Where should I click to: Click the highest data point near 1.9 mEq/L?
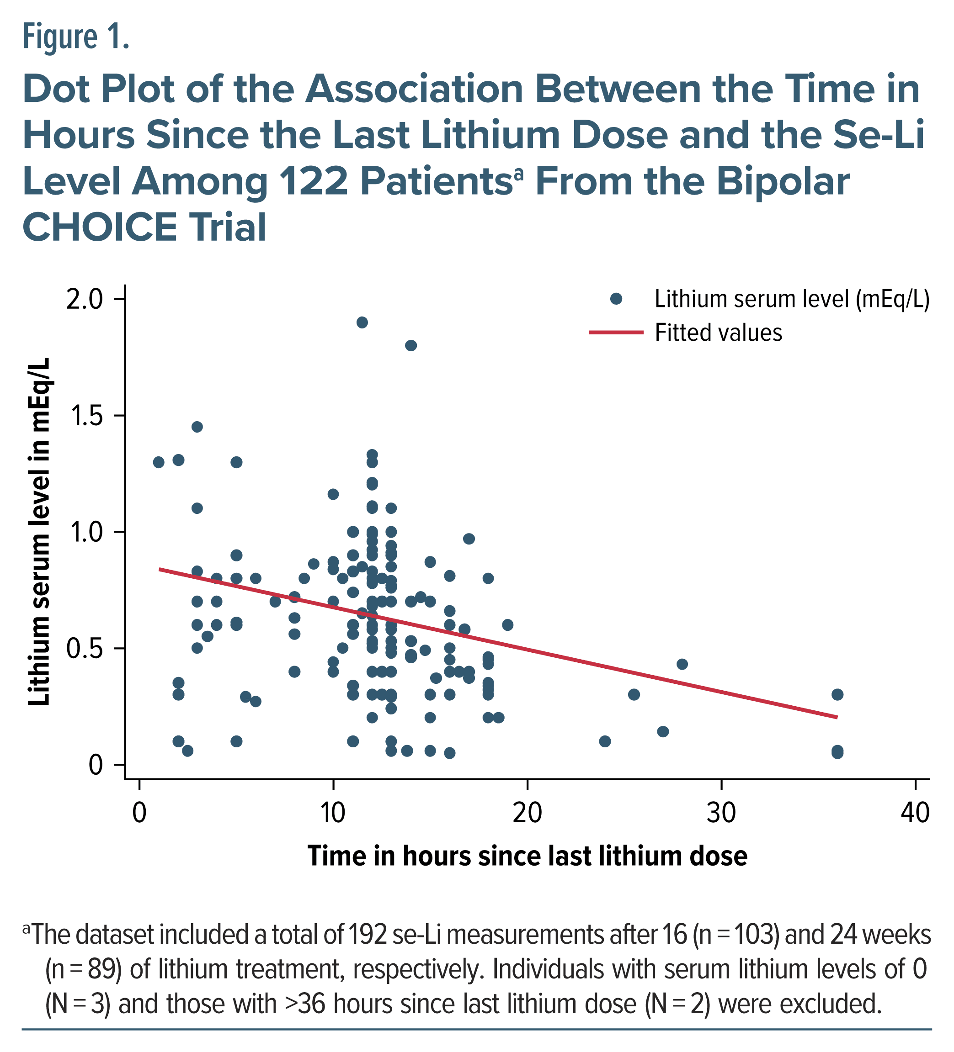[362, 322]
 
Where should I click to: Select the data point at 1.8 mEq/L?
[411, 345]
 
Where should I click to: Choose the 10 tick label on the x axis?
[333, 813]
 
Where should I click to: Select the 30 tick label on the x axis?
[721, 813]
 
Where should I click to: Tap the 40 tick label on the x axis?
[915, 813]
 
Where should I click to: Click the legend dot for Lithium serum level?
[616, 299]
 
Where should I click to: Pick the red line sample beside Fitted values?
[616, 333]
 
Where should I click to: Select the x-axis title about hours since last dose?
[528, 856]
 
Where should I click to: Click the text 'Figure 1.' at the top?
[76, 37]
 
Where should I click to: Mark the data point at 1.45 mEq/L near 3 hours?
[197, 427]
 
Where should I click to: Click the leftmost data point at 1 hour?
[159, 462]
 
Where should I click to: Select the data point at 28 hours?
[682, 664]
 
